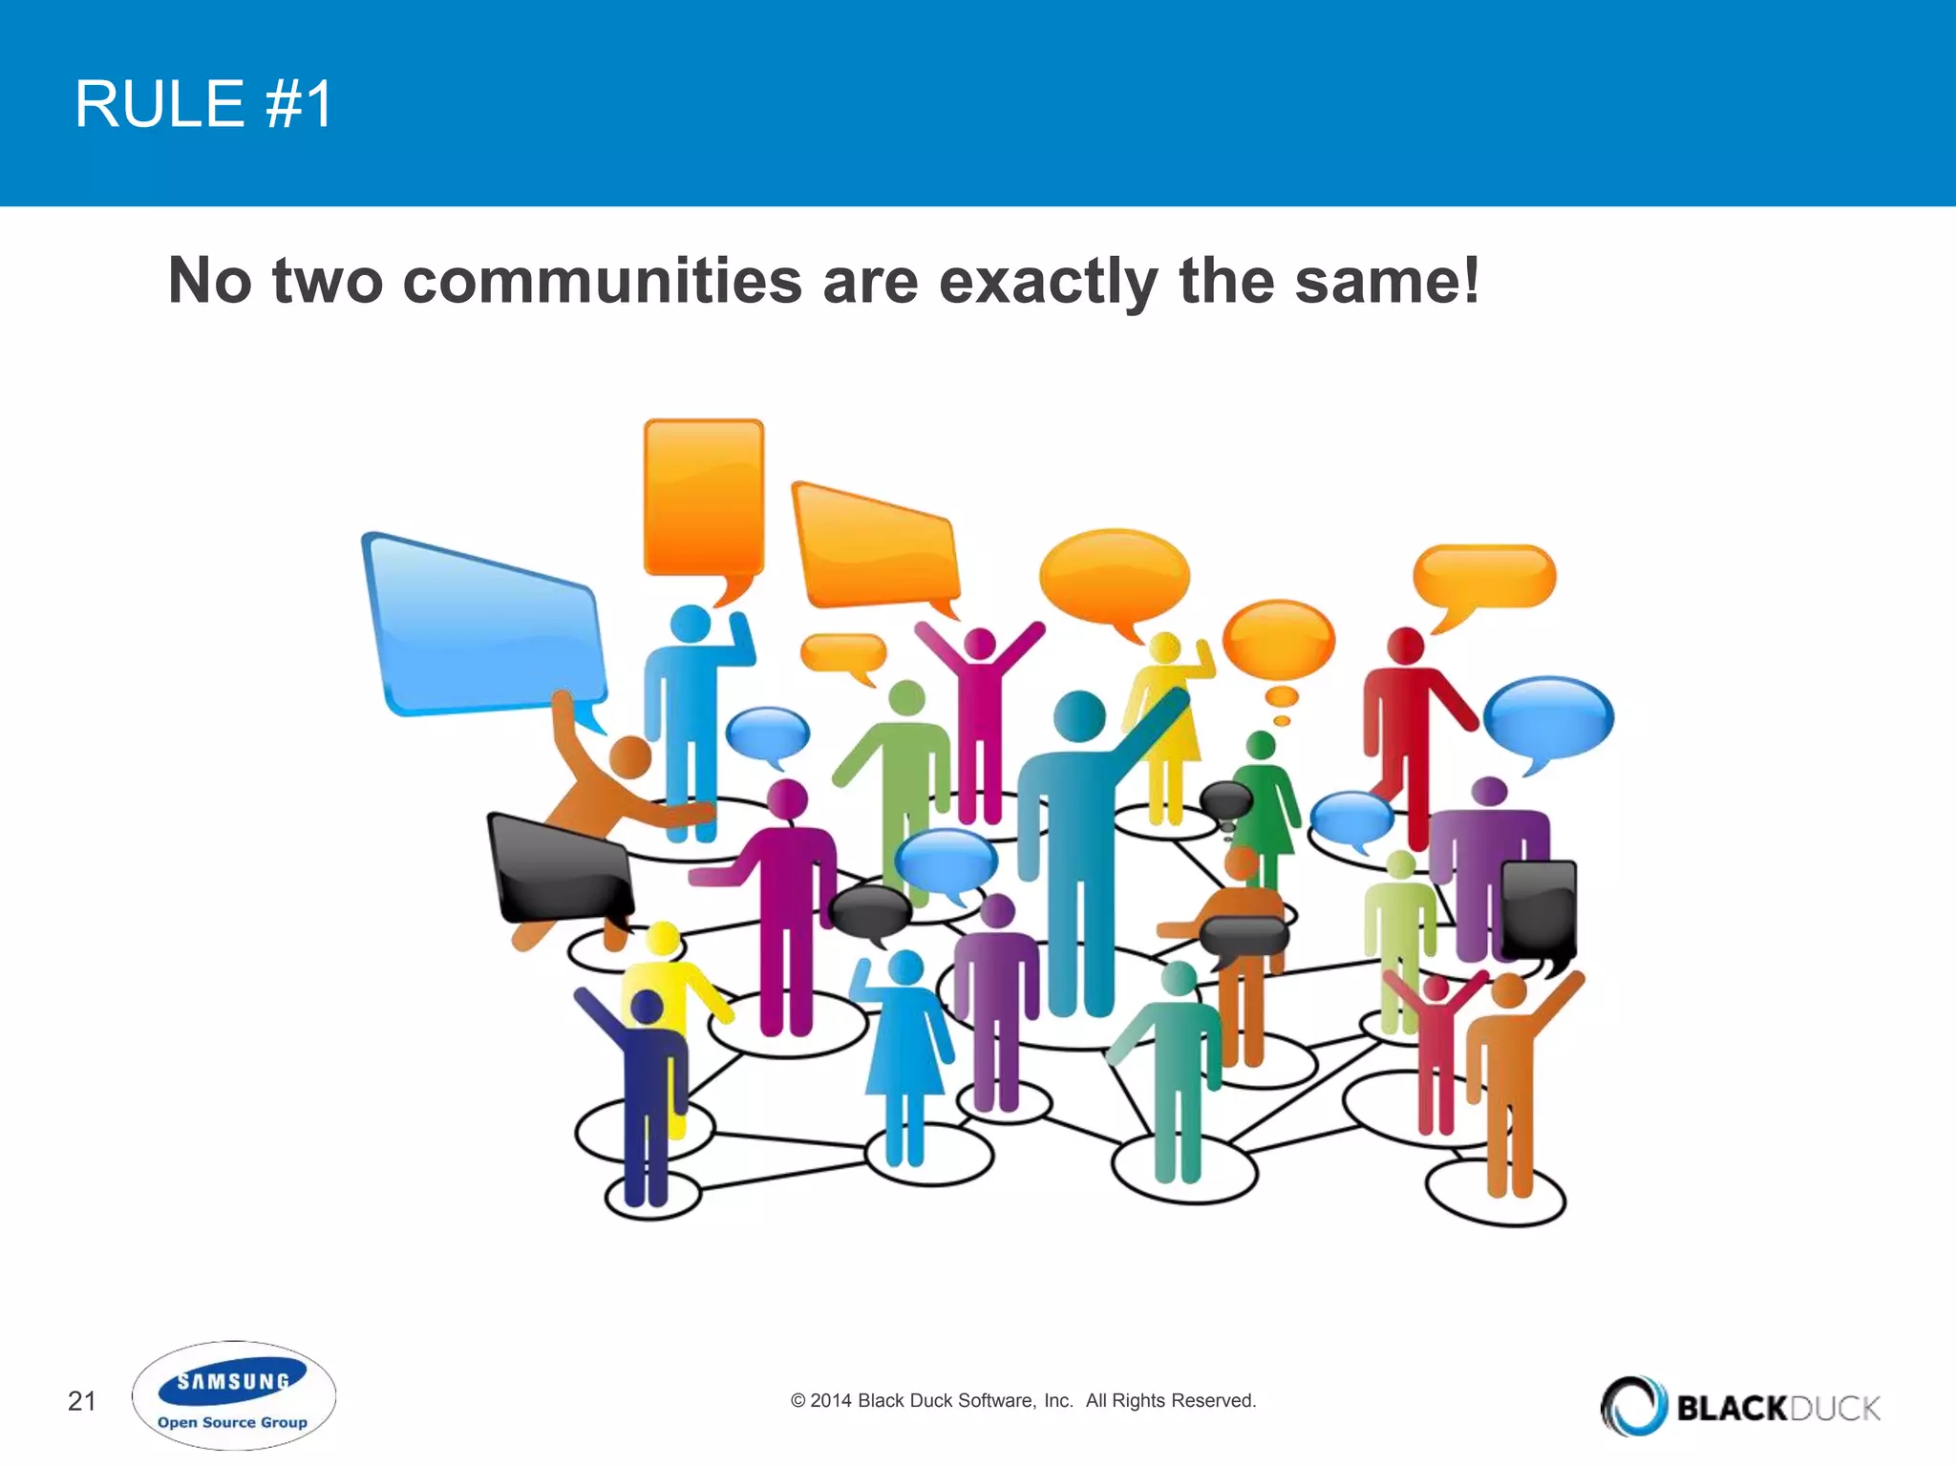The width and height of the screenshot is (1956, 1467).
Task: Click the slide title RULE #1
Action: pos(203,104)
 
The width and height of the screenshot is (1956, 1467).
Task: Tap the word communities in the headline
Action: pos(603,281)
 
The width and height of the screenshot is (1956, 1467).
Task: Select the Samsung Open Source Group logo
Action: pos(233,1396)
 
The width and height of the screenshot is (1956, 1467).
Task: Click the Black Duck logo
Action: pos(1740,1406)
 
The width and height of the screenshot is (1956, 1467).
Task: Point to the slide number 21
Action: pos(82,1401)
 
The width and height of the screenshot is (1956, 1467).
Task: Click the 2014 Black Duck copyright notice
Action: pos(1023,1400)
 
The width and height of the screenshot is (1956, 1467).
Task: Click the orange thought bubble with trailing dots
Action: pos(1278,640)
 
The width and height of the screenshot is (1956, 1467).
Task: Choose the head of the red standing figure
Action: pos(1405,647)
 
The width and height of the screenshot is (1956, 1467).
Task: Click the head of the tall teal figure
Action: pos(1079,714)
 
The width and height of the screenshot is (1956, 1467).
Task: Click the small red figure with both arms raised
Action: pos(1435,1041)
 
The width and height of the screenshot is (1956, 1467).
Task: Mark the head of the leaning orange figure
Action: pos(629,757)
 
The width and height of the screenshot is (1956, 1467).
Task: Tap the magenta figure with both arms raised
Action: pos(980,716)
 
